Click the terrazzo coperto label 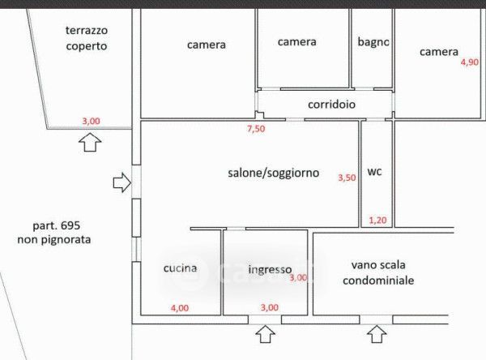pyautogui.click(x=87, y=38)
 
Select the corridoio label pyautogui.click(x=332, y=105)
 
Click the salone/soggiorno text pyautogui.click(x=273, y=173)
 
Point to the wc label pyautogui.click(x=374, y=172)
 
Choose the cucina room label pyautogui.click(x=180, y=268)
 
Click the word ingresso pyautogui.click(x=270, y=270)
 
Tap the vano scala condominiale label pyautogui.click(x=379, y=272)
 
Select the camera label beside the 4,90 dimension pyautogui.click(x=439, y=52)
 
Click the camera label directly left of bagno pyautogui.click(x=296, y=41)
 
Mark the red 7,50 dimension pyautogui.click(x=256, y=128)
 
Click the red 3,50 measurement pyautogui.click(x=346, y=178)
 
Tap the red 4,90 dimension pyautogui.click(x=470, y=62)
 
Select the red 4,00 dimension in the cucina pyautogui.click(x=179, y=307)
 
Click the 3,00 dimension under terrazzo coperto pyautogui.click(x=91, y=122)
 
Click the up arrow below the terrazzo pyautogui.click(x=91, y=143)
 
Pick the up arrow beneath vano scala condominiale pyautogui.click(x=374, y=334)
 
